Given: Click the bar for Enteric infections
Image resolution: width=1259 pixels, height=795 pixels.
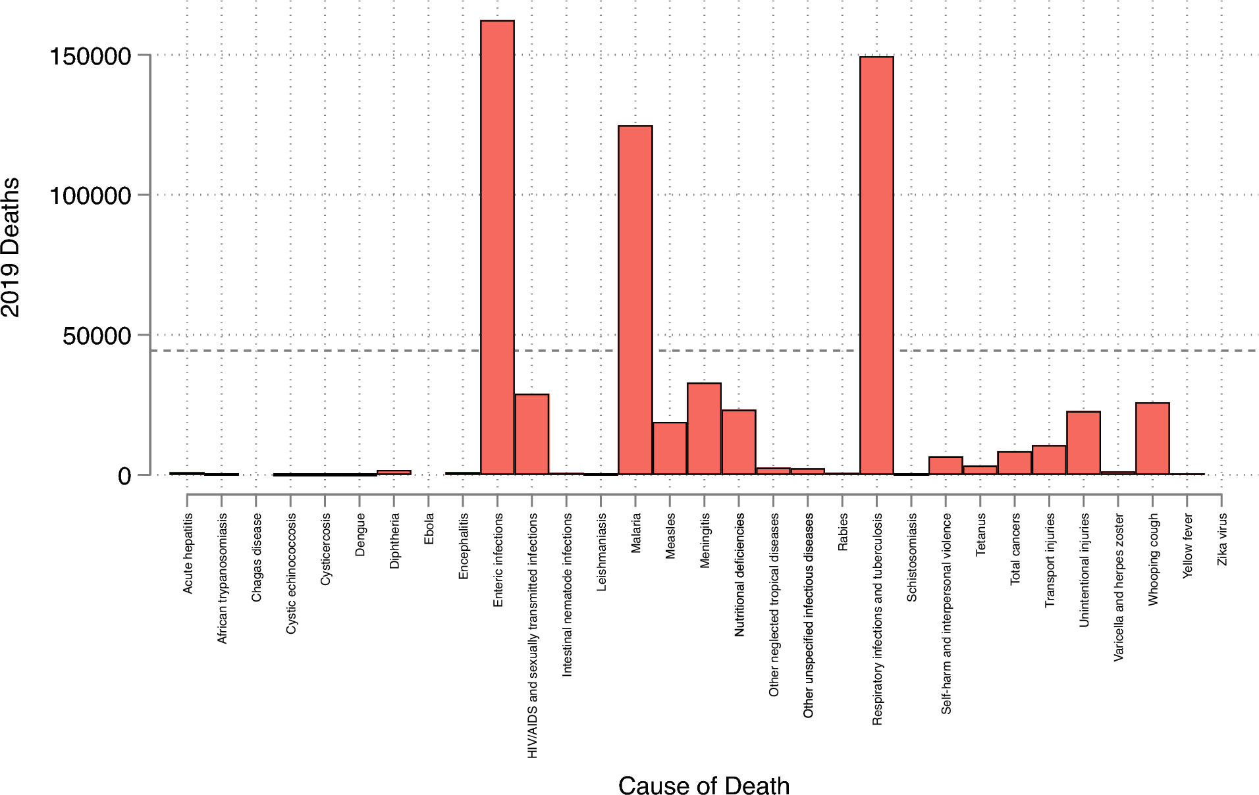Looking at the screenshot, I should (497, 247).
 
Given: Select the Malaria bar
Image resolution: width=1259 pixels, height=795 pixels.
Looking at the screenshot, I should (635, 299).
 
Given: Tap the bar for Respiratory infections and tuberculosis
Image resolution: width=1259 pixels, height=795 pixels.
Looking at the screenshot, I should (876, 265).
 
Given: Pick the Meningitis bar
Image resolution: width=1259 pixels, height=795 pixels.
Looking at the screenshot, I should (705, 428).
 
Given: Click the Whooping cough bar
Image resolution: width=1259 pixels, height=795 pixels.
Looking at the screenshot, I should (1152, 438).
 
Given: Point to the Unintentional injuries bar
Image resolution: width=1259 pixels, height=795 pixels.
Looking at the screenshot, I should (1083, 443).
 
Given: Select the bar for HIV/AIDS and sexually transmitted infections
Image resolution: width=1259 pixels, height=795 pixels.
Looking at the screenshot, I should (532, 434).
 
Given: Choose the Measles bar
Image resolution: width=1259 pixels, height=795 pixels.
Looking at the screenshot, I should (670, 448).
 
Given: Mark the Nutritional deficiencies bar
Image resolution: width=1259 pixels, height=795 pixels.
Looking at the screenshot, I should (739, 442).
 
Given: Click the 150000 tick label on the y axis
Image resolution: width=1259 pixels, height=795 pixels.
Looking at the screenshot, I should (91, 56).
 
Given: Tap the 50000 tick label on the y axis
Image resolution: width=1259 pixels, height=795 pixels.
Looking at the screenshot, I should (97, 336).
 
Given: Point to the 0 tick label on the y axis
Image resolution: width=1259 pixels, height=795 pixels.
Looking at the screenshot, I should (124, 476).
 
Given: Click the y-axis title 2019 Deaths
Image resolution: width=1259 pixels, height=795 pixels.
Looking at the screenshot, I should (11, 247).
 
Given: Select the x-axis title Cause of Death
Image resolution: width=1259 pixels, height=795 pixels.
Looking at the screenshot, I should (703, 786).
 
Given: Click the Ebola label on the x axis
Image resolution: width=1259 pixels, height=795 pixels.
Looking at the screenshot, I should (429, 529).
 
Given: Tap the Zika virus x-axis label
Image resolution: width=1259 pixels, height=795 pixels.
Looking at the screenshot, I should (1222, 540).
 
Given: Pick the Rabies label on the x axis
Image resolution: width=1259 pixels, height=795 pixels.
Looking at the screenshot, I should (843, 532).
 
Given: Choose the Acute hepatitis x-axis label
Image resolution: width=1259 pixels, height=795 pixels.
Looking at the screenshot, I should (188, 553).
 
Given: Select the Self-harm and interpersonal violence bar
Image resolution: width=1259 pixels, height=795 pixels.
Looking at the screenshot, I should (946, 465).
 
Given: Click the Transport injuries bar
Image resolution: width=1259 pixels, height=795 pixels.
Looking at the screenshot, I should (1049, 460).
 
